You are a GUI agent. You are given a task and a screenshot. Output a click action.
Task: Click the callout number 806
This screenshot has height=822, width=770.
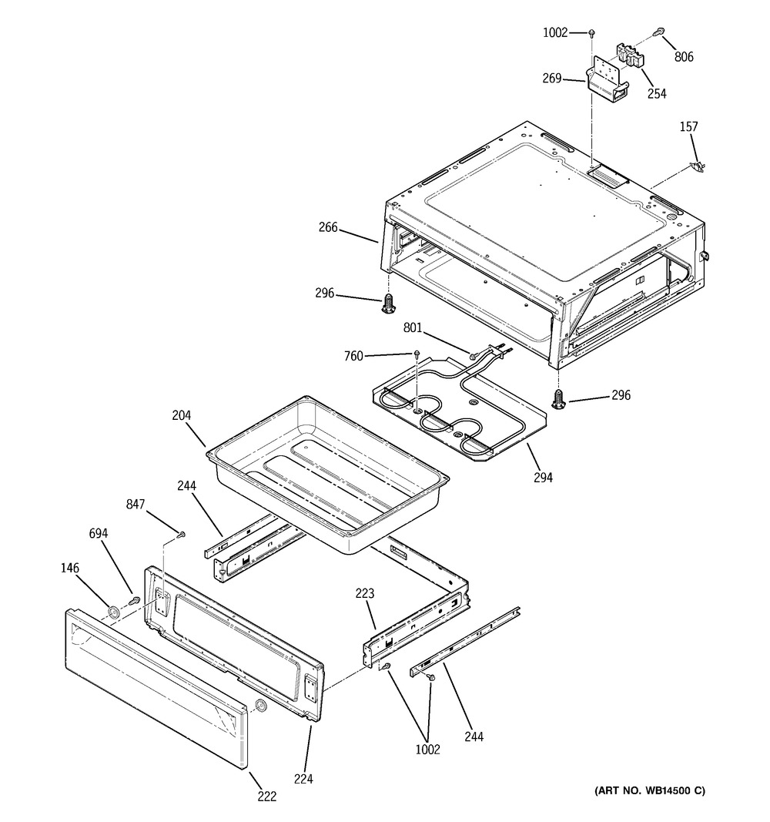click(684, 56)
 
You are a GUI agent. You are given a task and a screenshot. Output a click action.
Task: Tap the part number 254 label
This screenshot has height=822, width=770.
click(657, 93)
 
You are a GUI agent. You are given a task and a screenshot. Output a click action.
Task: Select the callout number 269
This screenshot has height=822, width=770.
click(552, 78)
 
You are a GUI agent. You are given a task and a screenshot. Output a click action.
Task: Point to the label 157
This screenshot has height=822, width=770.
click(689, 126)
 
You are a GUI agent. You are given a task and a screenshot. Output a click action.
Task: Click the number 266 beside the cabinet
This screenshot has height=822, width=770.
click(329, 227)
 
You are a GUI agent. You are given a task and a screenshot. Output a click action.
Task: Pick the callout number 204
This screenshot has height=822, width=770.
click(182, 415)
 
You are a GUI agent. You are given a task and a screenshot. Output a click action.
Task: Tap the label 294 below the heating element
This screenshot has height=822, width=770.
click(543, 477)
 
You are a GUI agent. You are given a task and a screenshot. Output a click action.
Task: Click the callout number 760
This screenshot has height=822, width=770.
click(353, 356)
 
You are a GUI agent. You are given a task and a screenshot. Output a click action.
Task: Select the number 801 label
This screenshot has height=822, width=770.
click(412, 327)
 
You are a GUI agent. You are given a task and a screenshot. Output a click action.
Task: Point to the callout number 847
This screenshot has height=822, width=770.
click(136, 505)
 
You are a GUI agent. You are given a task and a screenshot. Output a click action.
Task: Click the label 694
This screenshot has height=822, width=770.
click(99, 533)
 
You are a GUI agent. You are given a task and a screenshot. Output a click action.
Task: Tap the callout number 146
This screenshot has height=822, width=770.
click(69, 568)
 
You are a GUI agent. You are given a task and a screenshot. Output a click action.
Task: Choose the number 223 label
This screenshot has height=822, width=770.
click(365, 593)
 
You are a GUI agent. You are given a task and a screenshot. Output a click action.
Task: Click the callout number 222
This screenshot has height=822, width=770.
click(267, 796)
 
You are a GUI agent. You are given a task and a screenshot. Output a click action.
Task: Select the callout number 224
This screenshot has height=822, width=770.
click(303, 779)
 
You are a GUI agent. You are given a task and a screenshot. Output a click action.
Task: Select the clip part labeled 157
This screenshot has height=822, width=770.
click(698, 166)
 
